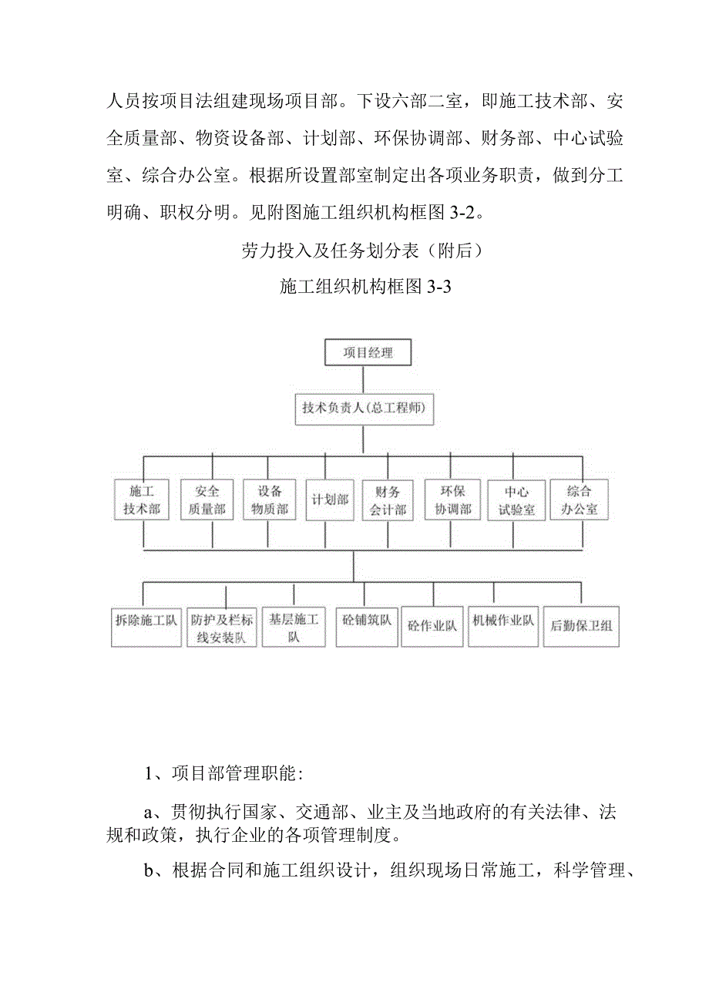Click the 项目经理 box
click(x=368, y=353)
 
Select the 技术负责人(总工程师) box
click(x=365, y=409)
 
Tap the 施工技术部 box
click(x=141, y=500)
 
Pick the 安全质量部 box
click(x=207, y=500)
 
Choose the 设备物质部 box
click(x=270, y=500)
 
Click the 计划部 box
click(x=330, y=500)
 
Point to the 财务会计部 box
click(x=388, y=501)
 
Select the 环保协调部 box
click(x=452, y=500)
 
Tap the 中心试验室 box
click(x=516, y=500)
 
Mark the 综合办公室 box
click(x=579, y=500)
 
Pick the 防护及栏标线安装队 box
click(x=222, y=628)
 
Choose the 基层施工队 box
click(x=294, y=628)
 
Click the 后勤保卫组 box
click(x=580, y=626)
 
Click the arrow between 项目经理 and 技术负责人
click(x=364, y=379)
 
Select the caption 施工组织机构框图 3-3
click(x=365, y=288)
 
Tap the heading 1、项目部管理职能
click(x=220, y=775)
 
